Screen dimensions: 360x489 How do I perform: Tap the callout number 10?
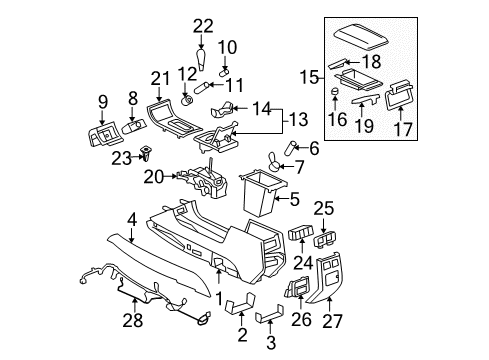pyautogui.click(x=228, y=46)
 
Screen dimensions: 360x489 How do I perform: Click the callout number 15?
pyautogui.click(x=311, y=77)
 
